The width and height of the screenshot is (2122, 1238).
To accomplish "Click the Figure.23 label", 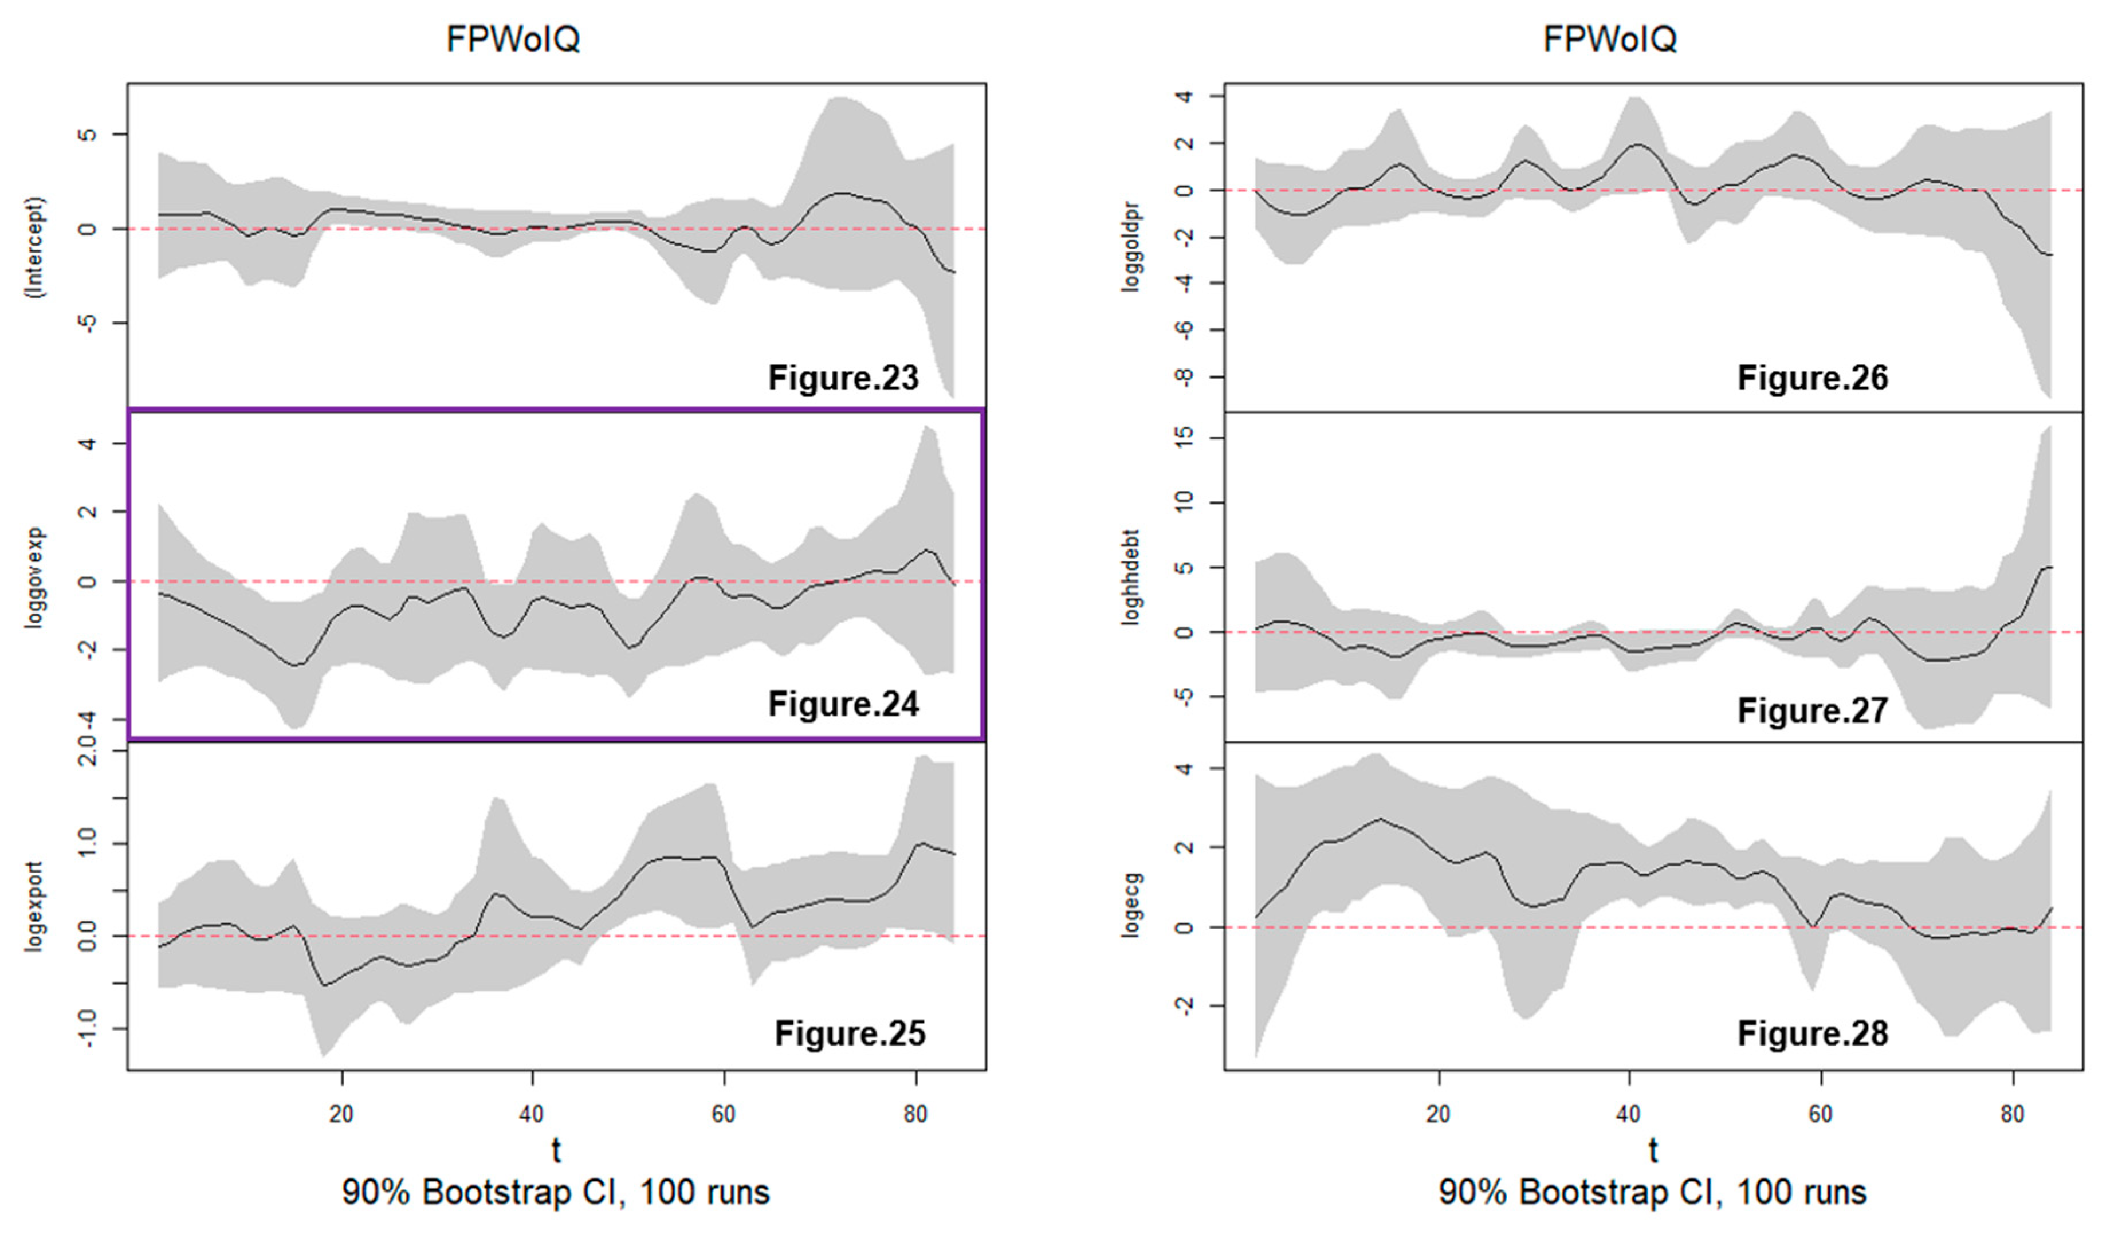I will point(843,378).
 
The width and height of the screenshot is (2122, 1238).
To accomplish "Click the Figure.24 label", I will point(843,704).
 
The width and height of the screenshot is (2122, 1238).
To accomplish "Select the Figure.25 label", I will point(850,1033).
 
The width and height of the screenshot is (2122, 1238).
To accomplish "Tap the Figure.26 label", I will point(1812,378).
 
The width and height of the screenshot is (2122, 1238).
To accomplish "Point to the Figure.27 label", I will point(1812,711).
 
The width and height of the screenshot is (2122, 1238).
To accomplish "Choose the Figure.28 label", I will point(1812,1033).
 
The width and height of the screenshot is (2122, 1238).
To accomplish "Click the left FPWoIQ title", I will point(513,39).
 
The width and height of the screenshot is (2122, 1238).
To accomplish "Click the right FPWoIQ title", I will point(1609,39).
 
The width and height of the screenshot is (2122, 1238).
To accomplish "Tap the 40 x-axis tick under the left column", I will point(531,1114).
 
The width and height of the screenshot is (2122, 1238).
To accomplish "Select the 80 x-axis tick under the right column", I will point(2011,1114).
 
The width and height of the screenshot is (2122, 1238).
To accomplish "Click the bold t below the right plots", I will point(1653,1150).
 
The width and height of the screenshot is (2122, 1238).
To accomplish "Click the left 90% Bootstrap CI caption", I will point(556,1193).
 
